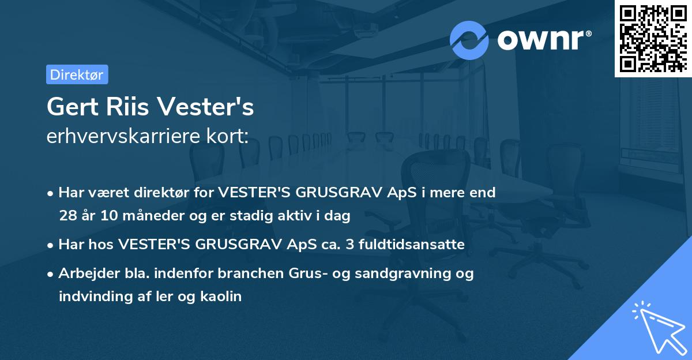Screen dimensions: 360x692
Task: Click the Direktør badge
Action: [77, 74]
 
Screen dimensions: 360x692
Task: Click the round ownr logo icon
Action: [469, 40]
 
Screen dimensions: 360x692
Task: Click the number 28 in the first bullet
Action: [67, 216]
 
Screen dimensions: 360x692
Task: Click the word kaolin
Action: [221, 297]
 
